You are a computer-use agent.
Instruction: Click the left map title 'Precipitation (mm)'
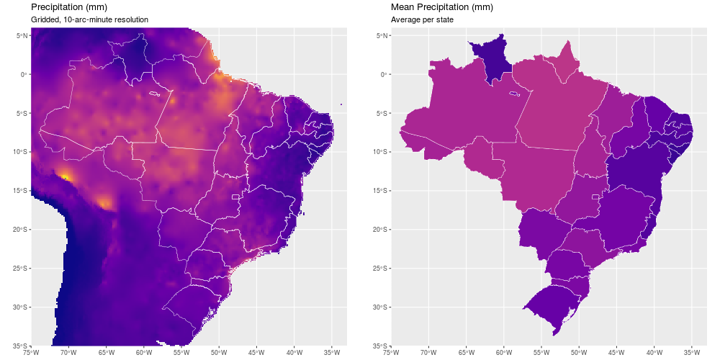click(x=69, y=7)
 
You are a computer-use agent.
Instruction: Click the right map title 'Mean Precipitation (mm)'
click(x=443, y=7)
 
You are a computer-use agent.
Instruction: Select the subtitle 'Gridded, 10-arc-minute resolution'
click(x=89, y=19)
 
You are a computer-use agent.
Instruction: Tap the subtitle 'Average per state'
click(x=422, y=19)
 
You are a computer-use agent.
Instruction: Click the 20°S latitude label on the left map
click(x=21, y=230)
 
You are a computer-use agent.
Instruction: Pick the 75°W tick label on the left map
click(x=31, y=353)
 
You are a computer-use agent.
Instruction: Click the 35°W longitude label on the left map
click(x=332, y=353)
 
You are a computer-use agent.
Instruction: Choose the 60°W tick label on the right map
click(x=504, y=353)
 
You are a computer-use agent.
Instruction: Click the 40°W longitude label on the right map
click(x=654, y=353)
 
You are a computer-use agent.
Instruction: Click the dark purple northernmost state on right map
click(x=490, y=59)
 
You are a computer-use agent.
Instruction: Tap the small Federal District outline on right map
click(x=595, y=197)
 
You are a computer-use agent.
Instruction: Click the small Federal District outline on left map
click(x=235, y=197)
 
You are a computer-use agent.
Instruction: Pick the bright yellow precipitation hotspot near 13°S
click(x=66, y=176)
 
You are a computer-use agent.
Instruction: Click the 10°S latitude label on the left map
click(x=21, y=152)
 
